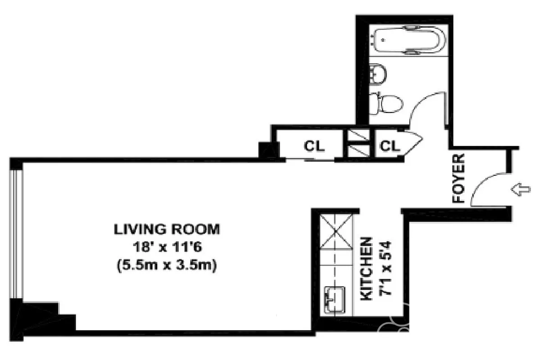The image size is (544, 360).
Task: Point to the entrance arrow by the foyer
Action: [x=521, y=190]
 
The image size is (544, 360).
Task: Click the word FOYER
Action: [x=458, y=179]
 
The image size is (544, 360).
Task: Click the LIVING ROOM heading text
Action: [x=167, y=229]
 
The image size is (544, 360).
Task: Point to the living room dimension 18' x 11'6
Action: [x=167, y=247]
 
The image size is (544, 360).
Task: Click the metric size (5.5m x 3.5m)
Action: [x=167, y=265]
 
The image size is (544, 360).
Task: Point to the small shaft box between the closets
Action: [x=358, y=144]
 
